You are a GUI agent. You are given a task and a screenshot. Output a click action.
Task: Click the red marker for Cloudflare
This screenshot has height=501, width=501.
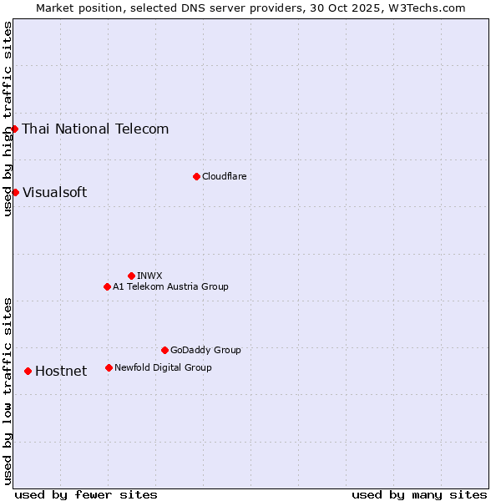click(x=196, y=176)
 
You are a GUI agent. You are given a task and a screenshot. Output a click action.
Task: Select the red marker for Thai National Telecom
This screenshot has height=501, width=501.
click(x=15, y=129)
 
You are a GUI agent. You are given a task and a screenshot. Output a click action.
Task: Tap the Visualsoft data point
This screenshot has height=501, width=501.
click(x=15, y=192)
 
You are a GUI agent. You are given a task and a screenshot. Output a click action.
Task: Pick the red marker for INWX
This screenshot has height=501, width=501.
click(x=131, y=276)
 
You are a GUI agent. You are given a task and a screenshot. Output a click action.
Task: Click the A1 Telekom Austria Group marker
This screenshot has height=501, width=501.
click(x=107, y=286)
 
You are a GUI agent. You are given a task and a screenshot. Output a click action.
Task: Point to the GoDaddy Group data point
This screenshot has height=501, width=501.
click(x=164, y=350)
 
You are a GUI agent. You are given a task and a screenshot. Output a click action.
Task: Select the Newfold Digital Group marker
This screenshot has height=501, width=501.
click(x=109, y=367)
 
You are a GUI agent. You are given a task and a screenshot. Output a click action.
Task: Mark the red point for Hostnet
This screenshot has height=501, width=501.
click(x=28, y=371)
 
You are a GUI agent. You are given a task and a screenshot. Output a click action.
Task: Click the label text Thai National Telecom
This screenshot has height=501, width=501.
click(x=95, y=129)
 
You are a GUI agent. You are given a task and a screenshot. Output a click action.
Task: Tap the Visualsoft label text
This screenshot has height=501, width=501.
click(x=54, y=192)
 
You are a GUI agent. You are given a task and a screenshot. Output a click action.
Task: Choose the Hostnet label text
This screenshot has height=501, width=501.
click(x=61, y=371)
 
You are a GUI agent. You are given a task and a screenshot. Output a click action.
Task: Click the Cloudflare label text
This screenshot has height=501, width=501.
click(x=224, y=176)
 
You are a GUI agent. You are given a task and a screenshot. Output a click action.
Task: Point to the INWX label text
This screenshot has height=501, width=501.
click(x=149, y=276)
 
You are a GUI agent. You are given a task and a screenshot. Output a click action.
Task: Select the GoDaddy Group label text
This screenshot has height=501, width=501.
click(x=205, y=350)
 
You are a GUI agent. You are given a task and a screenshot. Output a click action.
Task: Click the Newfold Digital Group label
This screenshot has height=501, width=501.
click(x=163, y=367)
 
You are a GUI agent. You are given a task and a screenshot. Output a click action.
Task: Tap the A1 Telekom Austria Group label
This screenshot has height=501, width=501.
click(x=170, y=286)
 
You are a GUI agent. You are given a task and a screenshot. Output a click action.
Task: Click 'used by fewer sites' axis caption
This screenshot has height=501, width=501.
click(x=86, y=494)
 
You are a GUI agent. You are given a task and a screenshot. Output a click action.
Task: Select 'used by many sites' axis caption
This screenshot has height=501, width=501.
click(x=419, y=494)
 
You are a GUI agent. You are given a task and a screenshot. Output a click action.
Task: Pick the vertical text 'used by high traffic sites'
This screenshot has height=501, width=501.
click(x=8, y=119)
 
